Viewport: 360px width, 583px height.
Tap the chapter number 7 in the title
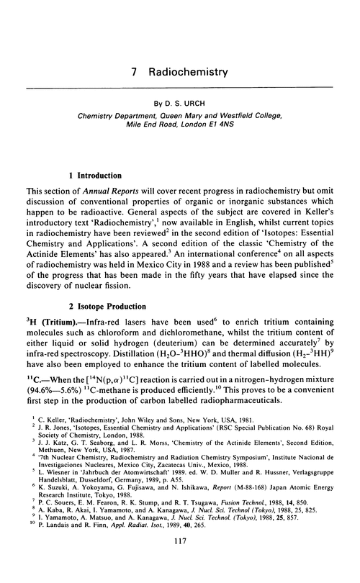(x=138, y=73)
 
